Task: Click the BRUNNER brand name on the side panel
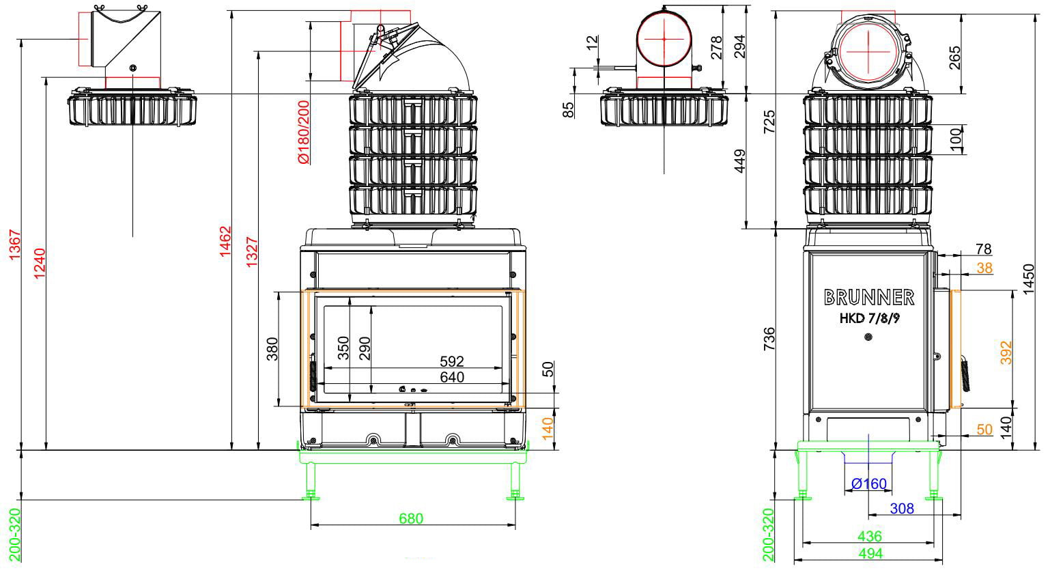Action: pos(869,297)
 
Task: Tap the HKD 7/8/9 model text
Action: pos(870,318)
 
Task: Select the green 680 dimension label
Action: pos(411,518)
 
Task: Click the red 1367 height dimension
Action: pos(15,244)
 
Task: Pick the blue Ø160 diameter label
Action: pos(868,484)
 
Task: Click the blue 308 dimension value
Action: pos(902,508)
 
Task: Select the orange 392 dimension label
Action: pos(1006,352)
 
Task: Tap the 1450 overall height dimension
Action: pos(1028,279)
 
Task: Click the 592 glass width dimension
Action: pos(452,361)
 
